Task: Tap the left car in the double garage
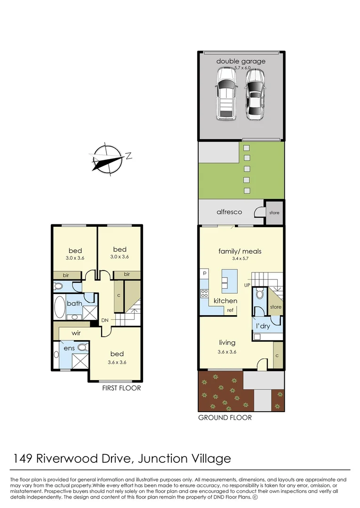(225, 93)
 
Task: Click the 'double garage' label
(241, 61)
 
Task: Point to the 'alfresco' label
(229, 212)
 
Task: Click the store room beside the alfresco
(274, 213)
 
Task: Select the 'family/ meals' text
(240, 251)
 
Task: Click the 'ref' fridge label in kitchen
(230, 310)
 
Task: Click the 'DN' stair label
(105, 320)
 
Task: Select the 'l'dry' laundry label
(263, 325)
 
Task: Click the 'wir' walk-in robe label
(77, 333)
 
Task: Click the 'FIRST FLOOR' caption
(121, 388)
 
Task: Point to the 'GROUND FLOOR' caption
(225, 417)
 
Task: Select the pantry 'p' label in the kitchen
(205, 272)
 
